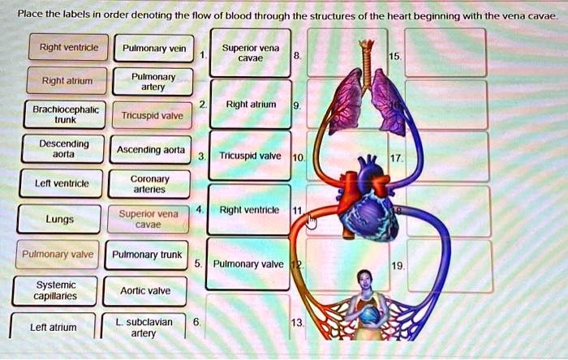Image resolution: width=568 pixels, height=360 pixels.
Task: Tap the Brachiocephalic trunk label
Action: click(x=54, y=114)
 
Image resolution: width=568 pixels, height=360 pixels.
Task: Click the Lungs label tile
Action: click(x=59, y=218)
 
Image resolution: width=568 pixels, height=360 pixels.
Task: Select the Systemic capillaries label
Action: click(x=56, y=289)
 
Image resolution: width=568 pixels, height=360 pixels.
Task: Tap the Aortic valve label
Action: click(x=144, y=289)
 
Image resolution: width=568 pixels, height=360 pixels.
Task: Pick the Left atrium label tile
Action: click(x=53, y=327)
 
